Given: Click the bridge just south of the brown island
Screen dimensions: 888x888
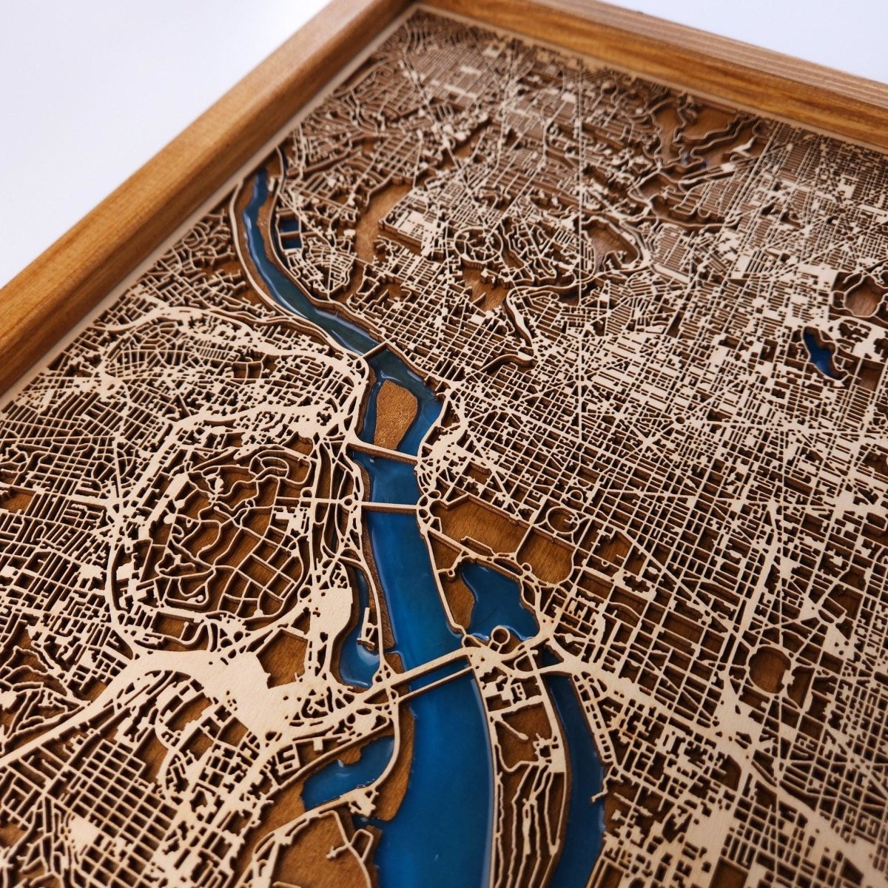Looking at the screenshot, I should (x=385, y=452).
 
